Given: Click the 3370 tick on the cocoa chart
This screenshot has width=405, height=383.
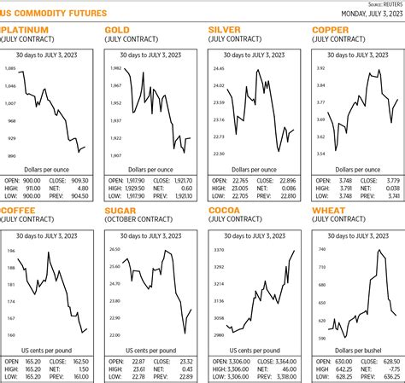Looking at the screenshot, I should (x=219, y=249).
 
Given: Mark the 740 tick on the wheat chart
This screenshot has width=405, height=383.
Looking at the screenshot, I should (x=321, y=249).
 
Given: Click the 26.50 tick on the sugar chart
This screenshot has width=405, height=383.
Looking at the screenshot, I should (x=115, y=249).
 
